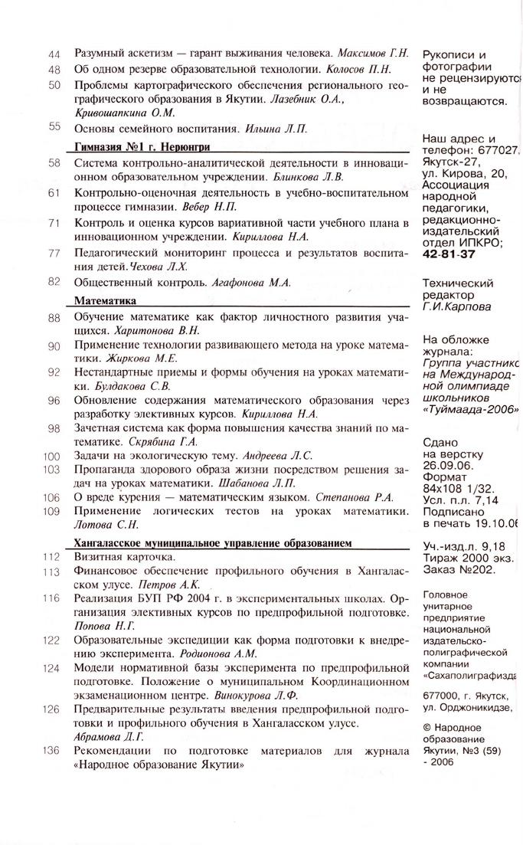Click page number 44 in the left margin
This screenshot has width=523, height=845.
click(54, 54)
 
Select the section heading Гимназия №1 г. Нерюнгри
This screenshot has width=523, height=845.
click(142, 147)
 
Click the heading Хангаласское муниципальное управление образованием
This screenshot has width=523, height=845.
click(212, 542)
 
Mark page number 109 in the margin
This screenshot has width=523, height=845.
click(51, 511)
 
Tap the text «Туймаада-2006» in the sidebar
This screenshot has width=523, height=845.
click(469, 409)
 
